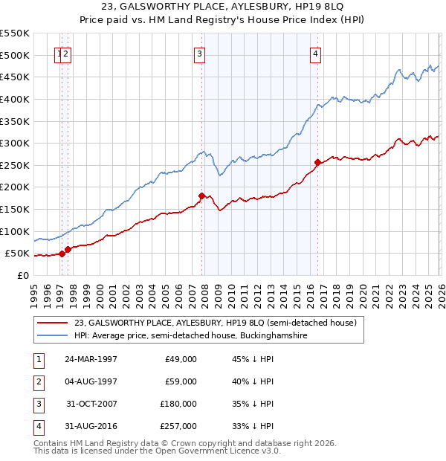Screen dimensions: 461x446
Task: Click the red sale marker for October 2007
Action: [x=201, y=196]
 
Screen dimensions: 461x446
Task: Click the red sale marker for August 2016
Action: [x=317, y=162]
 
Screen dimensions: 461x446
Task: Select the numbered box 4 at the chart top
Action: [x=316, y=53]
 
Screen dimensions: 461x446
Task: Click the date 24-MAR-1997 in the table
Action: [x=91, y=359]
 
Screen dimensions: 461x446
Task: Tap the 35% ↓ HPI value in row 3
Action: [x=253, y=404]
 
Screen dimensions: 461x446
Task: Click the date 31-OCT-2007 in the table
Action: [x=91, y=404]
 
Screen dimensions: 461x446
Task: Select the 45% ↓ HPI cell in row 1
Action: [x=253, y=359]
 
